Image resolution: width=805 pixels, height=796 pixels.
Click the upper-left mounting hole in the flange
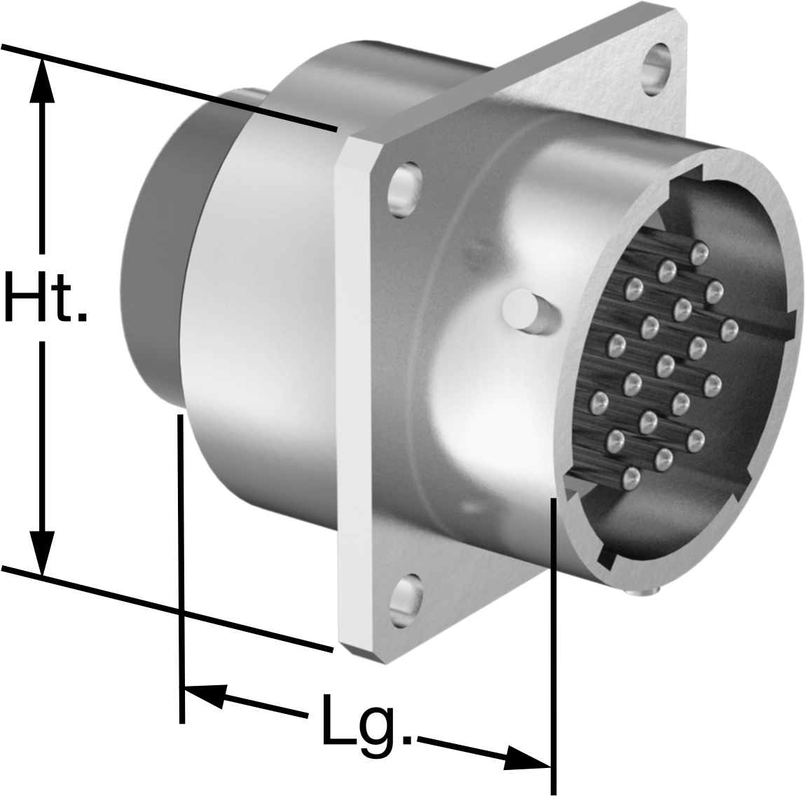tap(405, 189)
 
